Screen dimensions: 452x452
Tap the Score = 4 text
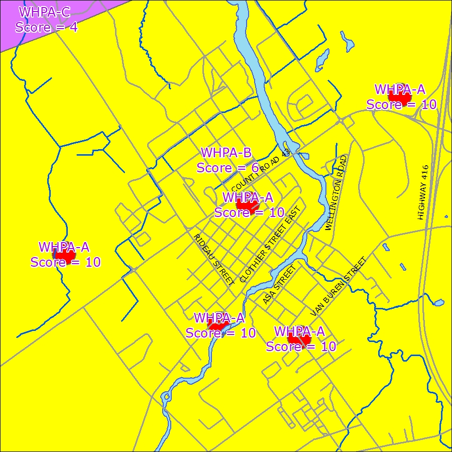point(46,27)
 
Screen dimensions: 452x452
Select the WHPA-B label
point(226,153)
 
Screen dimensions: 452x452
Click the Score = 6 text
point(227,168)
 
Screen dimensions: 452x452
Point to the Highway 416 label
point(423,192)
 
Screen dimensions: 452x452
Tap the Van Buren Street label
point(338,287)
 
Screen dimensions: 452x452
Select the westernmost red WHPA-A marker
point(64,255)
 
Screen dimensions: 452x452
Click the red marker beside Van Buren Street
point(299,340)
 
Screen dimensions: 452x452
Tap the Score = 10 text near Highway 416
point(401,104)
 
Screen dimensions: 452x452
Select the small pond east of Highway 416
point(438,303)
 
